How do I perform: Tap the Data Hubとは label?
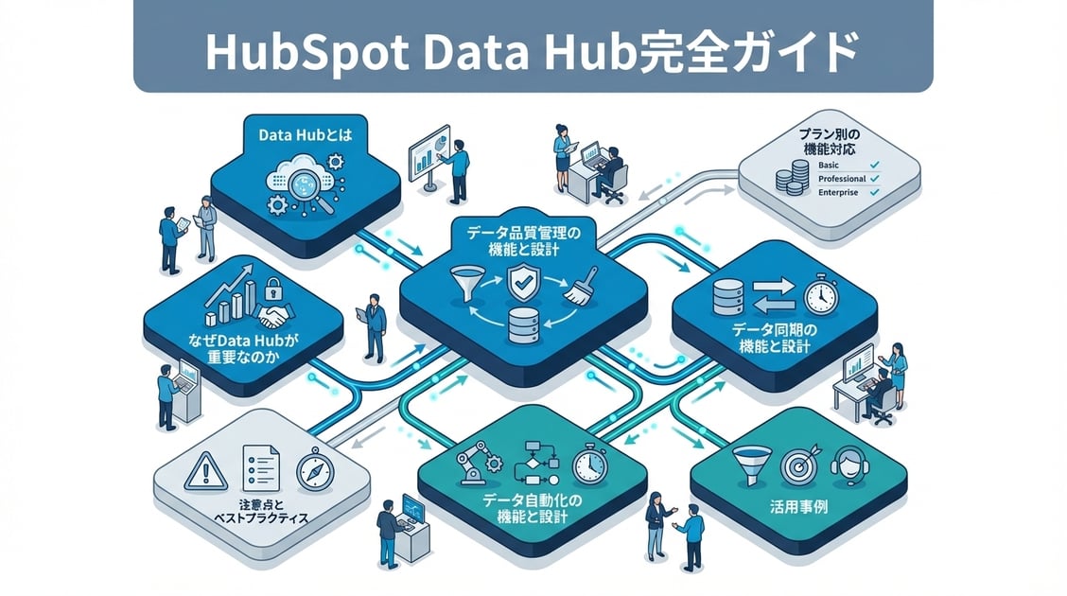(x=305, y=135)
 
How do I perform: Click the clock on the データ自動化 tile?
(x=589, y=464)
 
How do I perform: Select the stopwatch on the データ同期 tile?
(x=820, y=296)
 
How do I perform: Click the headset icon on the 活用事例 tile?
(x=848, y=464)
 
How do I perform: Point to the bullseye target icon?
(x=797, y=465)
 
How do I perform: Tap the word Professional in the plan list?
(x=842, y=178)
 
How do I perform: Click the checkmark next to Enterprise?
(x=873, y=192)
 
